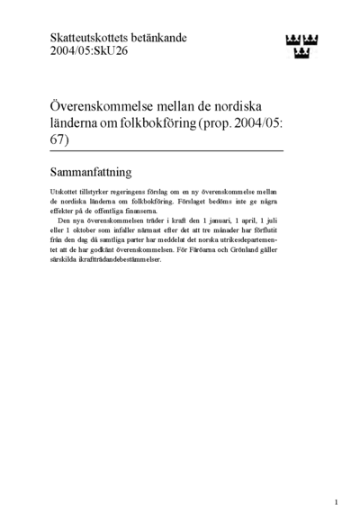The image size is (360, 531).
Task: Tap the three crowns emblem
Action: (303, 42)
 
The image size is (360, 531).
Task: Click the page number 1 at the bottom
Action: (335, 502)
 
